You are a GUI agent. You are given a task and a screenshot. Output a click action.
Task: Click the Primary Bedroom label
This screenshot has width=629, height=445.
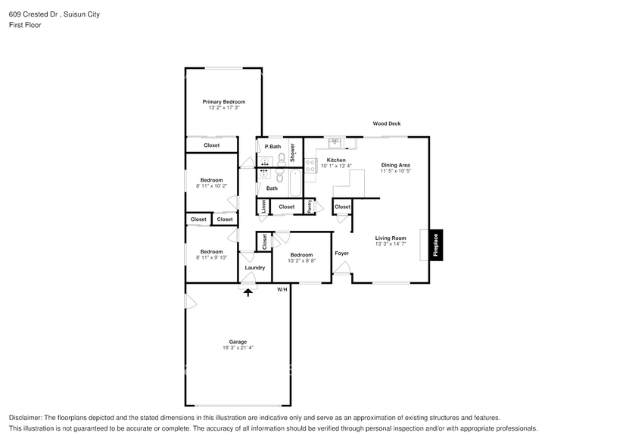click(223, 101)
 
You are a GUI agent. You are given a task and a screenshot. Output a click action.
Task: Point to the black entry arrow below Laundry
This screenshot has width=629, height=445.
click(248, 291)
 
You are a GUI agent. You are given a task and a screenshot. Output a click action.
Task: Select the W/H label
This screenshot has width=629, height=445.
click(282, 290)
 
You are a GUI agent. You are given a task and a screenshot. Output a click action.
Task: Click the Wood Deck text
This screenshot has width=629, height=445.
click(386, 123)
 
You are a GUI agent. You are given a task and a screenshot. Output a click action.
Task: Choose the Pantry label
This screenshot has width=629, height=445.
click(310, 207)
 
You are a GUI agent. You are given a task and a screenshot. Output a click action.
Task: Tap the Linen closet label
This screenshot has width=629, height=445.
click(263, 207)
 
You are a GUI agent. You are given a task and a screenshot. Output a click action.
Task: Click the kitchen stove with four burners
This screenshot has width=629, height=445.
click(310, 166)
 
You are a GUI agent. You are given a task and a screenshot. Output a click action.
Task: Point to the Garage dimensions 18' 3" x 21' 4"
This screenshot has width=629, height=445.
click(238, 348)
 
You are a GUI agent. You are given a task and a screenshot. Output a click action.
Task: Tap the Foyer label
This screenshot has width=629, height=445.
click(342, 254)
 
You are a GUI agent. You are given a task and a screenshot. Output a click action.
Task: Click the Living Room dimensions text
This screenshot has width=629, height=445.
click(391, 244)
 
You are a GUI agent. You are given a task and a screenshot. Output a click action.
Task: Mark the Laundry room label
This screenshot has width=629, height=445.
click(254, 268)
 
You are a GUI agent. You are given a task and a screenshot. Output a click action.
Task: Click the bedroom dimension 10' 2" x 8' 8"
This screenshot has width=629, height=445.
click(301, 261)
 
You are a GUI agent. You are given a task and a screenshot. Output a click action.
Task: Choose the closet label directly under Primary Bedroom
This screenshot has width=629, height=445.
click(212, 145)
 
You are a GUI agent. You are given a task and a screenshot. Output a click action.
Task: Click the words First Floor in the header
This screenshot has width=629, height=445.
click(26, 25)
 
